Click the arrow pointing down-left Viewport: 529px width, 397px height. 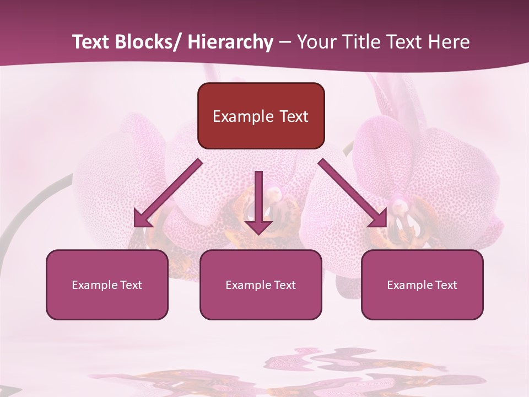[168, 193]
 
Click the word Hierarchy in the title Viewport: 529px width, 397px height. [230, 42]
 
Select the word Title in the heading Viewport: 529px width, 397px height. [359, 42]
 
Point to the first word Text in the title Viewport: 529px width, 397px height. [91, 42]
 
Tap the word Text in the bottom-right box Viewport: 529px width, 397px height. [445, 285]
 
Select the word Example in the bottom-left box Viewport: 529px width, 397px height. [95, 285]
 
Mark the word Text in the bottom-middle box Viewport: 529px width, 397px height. [284, 285]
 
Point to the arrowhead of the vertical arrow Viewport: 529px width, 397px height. [258, 227]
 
